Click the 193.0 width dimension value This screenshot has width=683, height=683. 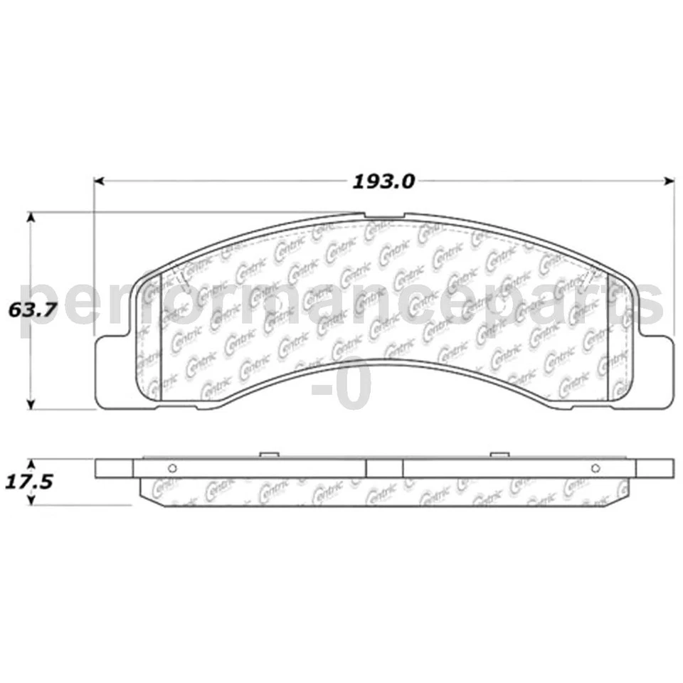point(383,181)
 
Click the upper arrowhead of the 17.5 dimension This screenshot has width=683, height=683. point(31,462)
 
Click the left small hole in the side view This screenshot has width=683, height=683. point(171,467)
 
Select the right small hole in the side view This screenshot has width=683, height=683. point(595,467)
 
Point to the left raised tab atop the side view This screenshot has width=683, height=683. point(268,454)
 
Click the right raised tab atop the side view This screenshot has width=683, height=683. point(499,454)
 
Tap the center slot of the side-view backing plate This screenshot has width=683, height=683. point(384,467)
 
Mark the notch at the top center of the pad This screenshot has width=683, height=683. point(384,216)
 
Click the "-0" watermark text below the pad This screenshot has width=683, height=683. point(341,385)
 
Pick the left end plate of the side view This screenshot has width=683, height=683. point(114,467)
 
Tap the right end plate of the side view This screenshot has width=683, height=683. point(655,467)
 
